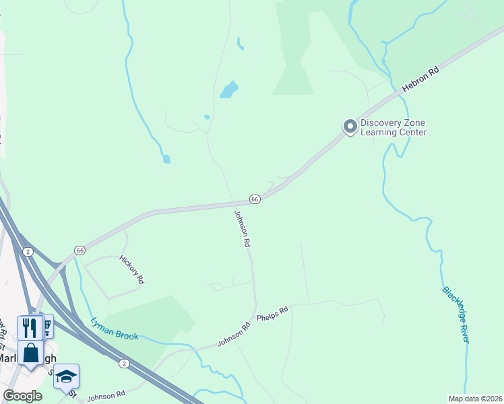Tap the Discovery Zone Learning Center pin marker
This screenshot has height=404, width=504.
coord(350,127)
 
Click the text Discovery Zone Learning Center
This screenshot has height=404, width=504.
coord(393,127)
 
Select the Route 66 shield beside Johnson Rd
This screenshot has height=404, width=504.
coord(255,199)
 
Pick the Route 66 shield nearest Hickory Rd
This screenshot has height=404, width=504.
coord(80,250)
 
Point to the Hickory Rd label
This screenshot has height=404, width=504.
coord(132,269)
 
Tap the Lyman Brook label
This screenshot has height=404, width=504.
coord(115,328)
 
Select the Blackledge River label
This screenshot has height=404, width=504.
coord(455,314)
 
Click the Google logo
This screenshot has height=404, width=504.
coord(22,396)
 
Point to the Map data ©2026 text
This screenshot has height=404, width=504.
coord(475,399)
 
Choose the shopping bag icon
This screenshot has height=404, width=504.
coord(30,352)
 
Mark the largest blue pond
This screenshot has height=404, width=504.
coord(229,90)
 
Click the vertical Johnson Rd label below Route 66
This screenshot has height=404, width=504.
coord(242,230)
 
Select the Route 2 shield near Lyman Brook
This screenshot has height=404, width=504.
coord(124,364)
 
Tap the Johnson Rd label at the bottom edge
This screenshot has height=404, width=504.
coord(106,396)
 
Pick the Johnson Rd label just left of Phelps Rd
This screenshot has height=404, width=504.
coord(234,335)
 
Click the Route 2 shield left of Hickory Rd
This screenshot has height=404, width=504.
coord(28,251)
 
